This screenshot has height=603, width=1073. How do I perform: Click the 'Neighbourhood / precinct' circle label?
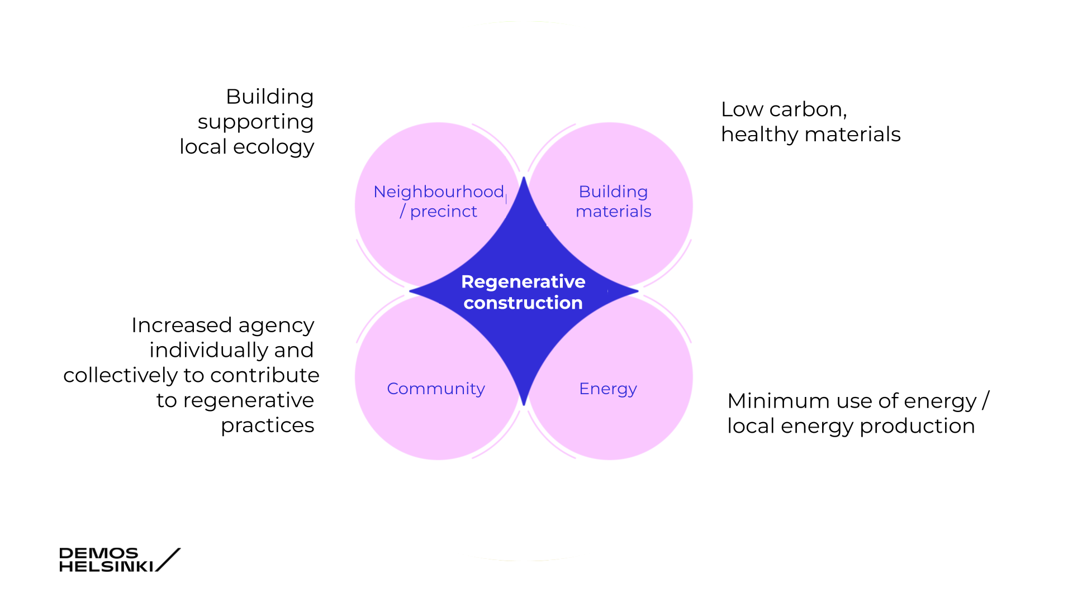coord(439,201)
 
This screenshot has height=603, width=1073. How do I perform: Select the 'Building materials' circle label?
coord(613,201)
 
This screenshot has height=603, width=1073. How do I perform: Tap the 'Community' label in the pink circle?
coord(436,389)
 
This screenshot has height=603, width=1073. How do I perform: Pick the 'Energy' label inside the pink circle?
coord(608,389)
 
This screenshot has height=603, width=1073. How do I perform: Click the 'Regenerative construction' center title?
coord(523,292)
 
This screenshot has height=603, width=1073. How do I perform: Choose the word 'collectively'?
coord(120,375)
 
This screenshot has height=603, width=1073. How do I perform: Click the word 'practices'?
coord(267,425)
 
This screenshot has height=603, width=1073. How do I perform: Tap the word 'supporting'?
coord(255,122)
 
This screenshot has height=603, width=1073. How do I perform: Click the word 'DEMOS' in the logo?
coord(98,553)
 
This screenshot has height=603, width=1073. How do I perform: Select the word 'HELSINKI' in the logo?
coord(106,566)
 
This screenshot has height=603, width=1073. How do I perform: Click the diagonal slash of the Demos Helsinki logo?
coord(168,559)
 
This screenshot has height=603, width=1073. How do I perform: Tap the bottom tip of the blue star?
coord(524,404)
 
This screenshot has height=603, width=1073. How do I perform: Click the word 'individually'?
coord(206,351)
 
